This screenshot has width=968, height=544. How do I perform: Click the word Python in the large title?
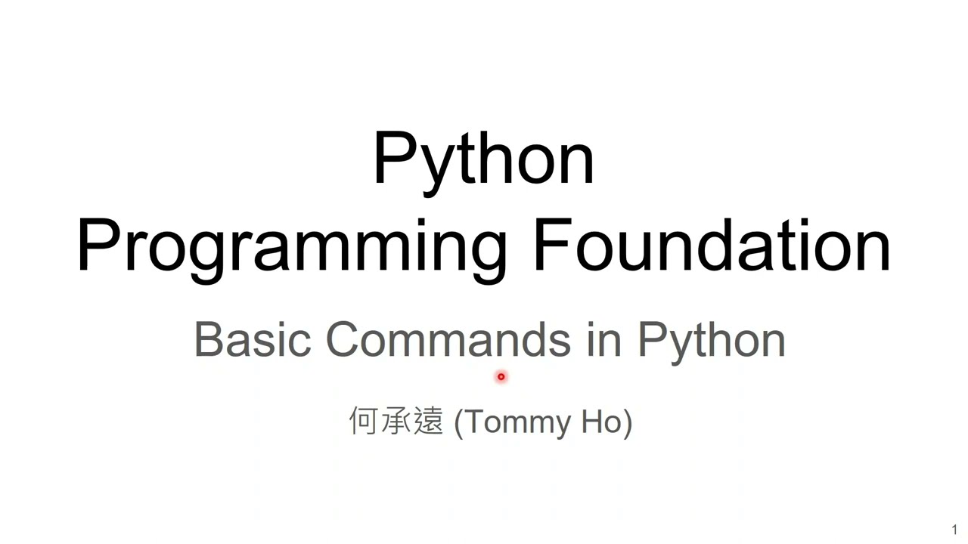pos(483,159)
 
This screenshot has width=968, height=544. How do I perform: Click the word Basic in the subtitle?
pos(252,340)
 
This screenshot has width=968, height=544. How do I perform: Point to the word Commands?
pos(448,340)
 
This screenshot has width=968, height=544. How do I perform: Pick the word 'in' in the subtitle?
pos(603,340)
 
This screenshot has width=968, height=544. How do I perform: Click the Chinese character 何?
pos(363,421)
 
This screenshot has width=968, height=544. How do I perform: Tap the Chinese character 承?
pos(396,421)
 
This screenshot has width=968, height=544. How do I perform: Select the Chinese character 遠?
pos(428,421)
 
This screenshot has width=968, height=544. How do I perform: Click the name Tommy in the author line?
pos(518,422)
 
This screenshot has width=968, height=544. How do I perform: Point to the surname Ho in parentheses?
pos(601,422)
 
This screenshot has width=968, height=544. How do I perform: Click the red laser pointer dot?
pos(501,376)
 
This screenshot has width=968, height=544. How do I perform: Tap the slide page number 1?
pos(954,530)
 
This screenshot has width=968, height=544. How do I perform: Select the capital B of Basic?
pos(208,340)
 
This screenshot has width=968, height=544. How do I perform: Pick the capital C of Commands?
pos(345,340)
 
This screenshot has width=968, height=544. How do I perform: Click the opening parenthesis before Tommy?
pos(458,422)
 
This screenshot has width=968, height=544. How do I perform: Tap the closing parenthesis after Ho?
pos(628,422)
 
